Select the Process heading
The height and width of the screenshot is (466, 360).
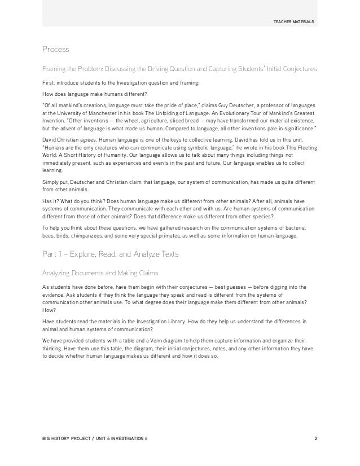point(55,50)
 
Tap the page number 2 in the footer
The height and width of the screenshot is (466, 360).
point(315,438)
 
